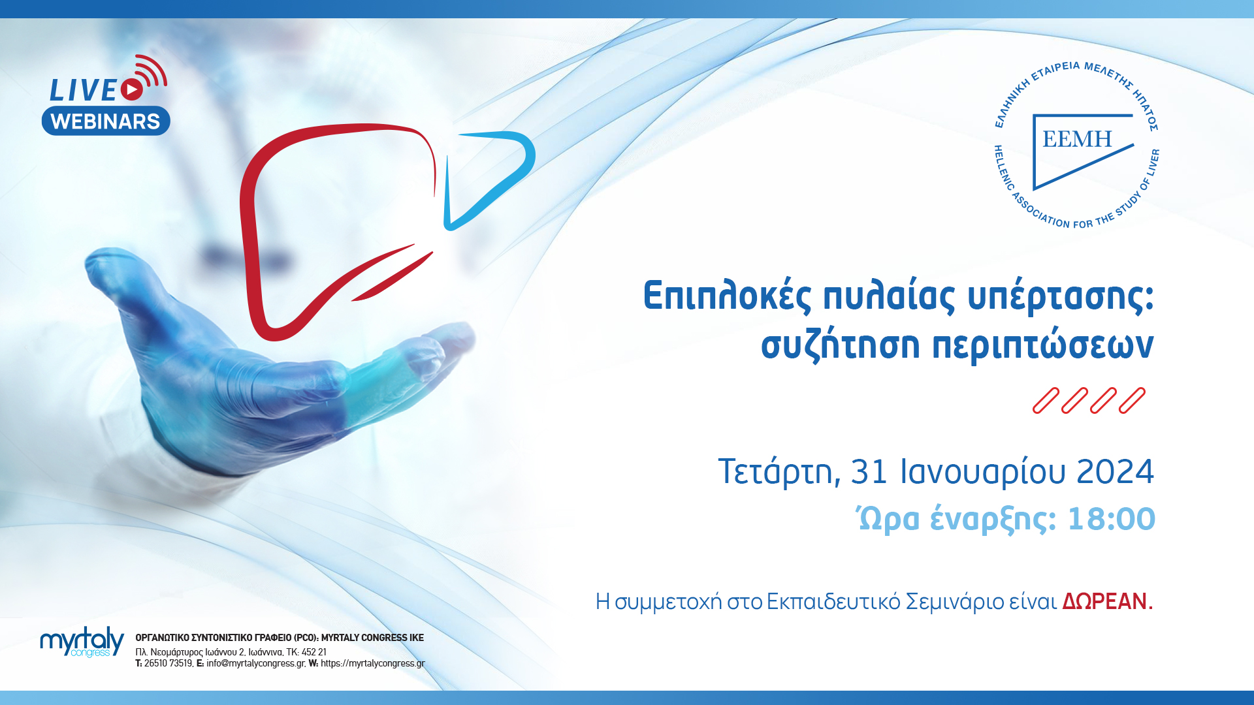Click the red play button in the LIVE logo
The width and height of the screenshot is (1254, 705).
132,89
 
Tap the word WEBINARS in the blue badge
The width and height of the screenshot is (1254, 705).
105,121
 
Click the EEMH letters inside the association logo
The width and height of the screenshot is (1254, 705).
1077,139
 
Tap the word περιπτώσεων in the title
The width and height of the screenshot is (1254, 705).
1043,345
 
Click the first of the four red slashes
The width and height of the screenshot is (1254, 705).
1045,401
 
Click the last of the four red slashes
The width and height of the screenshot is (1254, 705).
1132,401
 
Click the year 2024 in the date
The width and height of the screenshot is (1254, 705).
1115,472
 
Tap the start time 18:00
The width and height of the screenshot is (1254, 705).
1111,520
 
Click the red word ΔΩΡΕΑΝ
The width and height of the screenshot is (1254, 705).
1104,601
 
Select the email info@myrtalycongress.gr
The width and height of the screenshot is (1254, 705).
255,663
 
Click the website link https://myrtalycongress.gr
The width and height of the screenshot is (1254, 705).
372,663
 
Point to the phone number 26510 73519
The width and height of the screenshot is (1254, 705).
168,663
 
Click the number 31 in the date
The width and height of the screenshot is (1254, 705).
869,472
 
